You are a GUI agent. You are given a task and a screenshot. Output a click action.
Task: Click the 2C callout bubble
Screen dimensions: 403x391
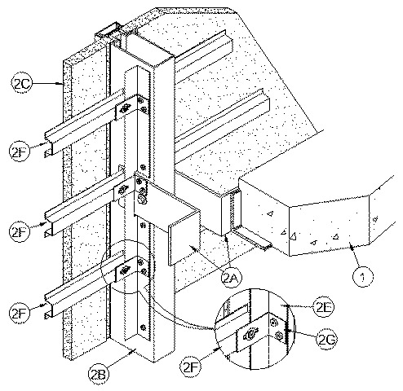pos(22,84)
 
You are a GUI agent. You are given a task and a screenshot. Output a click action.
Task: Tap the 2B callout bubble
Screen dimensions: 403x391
pos(99,374)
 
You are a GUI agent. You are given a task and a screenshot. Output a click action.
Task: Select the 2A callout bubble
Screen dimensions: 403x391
pos(232,278)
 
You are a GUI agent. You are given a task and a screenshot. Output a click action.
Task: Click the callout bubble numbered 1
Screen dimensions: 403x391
pos(363,277)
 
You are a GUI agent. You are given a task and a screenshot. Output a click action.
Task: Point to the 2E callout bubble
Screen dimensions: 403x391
pos(324,307)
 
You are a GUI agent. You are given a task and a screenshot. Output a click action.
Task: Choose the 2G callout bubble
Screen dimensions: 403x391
pos(326,340)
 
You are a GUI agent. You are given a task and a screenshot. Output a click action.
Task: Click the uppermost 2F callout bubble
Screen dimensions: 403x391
pos(20,152)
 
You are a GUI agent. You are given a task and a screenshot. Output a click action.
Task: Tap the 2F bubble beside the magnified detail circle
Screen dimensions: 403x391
pos(191,367)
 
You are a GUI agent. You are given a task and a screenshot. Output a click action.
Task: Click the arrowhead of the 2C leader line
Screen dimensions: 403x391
pos(61,84)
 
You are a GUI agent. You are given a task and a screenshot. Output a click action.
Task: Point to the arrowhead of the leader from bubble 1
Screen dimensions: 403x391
pos(352,247)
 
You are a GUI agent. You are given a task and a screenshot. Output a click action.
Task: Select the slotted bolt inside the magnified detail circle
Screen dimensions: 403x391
pos(250,335)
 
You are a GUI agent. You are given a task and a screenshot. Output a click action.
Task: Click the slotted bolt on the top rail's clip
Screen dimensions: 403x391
pos(125,108)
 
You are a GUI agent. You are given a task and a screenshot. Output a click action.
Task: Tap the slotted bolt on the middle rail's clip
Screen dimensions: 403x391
pos(124,189)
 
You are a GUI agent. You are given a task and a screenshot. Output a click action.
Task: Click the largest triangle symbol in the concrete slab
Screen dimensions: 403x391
pos(293,236)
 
